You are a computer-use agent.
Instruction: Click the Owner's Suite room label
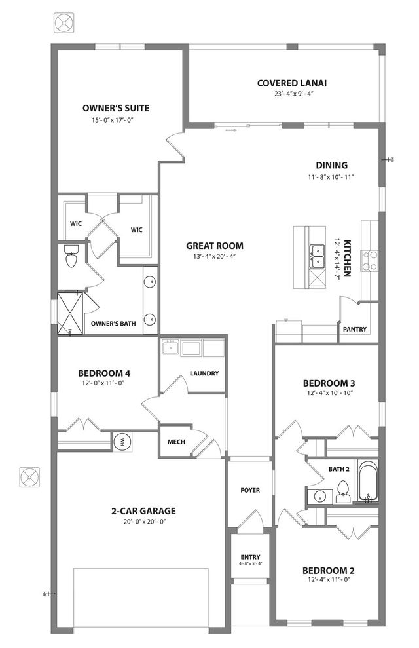click(116, 108)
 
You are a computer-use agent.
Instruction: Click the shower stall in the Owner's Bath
click(70, 313)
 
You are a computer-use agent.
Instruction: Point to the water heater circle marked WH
click(122, 442)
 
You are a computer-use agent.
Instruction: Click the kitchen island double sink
click(317, 256)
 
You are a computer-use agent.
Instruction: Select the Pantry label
click(355, 329)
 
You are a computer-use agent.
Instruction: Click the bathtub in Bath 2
click(368, 481)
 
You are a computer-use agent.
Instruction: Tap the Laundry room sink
click(170, 347)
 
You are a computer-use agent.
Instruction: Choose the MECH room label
click(176, 442)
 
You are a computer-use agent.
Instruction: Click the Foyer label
click(250, 490)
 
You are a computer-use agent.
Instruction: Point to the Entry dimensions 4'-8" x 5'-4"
click(251, 563)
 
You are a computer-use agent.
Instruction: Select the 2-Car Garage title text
click(143, 511)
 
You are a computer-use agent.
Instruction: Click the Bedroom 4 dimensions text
click(103, 383)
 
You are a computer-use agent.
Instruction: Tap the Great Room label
click(215, 246)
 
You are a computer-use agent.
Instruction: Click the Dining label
click(332, 166)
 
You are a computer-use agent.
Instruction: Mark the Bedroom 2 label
click(329, 571)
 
